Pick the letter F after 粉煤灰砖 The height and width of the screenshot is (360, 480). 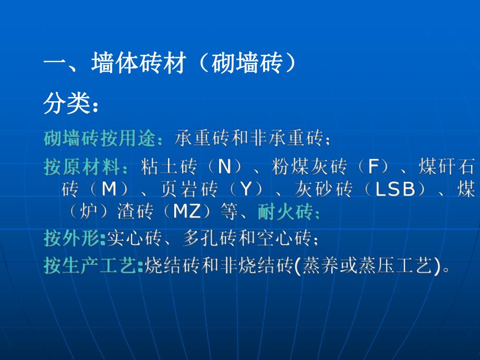click(x=373, y=167)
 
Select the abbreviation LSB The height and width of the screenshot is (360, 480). click(x=395, y=189)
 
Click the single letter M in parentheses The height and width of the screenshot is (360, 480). click(x=109, y=189)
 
